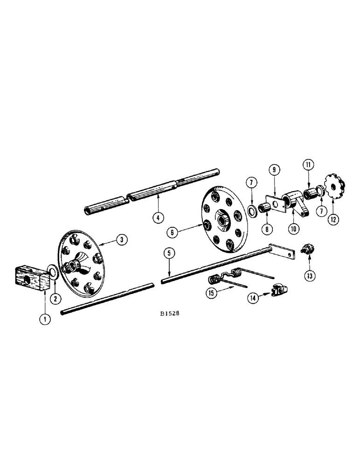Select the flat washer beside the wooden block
click(53, 271)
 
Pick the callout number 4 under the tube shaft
click(159, 216)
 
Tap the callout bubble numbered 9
click(273, 171)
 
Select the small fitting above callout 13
click(308, 249)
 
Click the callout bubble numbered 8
click(266, 229)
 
